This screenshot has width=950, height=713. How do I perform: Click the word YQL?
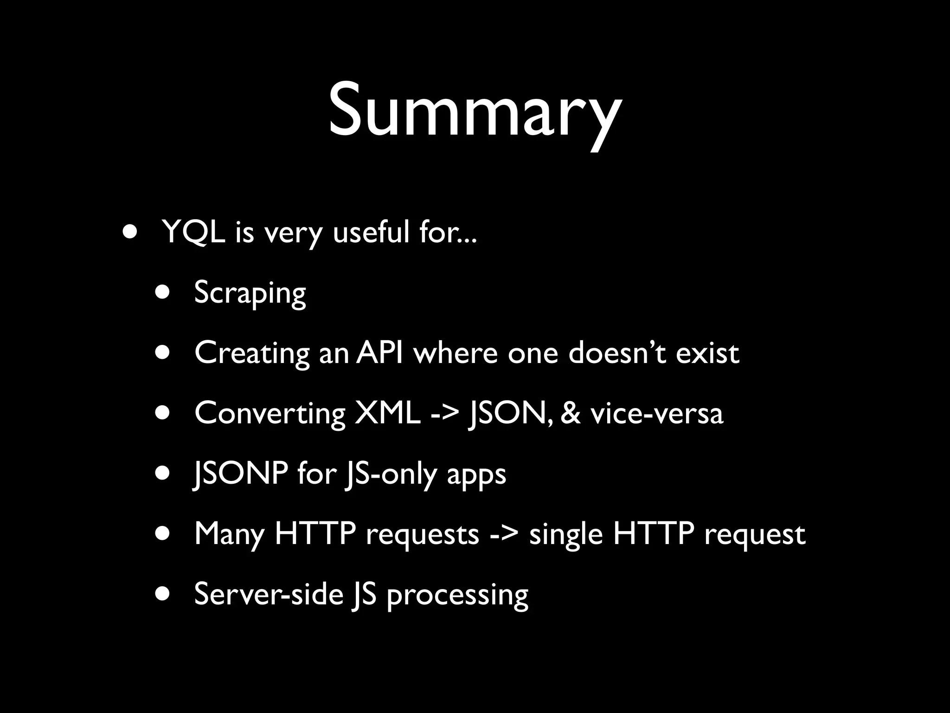194,232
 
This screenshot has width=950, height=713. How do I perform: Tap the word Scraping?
250,292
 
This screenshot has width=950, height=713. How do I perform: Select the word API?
379,353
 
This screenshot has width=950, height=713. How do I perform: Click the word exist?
707,353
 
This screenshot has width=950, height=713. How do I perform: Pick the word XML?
388,413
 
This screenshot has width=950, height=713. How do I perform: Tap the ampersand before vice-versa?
571,413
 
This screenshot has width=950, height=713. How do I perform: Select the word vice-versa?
657,413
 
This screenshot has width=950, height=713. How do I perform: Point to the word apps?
476,474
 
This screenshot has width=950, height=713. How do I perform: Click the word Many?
229,534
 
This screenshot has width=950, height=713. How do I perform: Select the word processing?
457,595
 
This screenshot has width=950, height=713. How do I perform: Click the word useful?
371,232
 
